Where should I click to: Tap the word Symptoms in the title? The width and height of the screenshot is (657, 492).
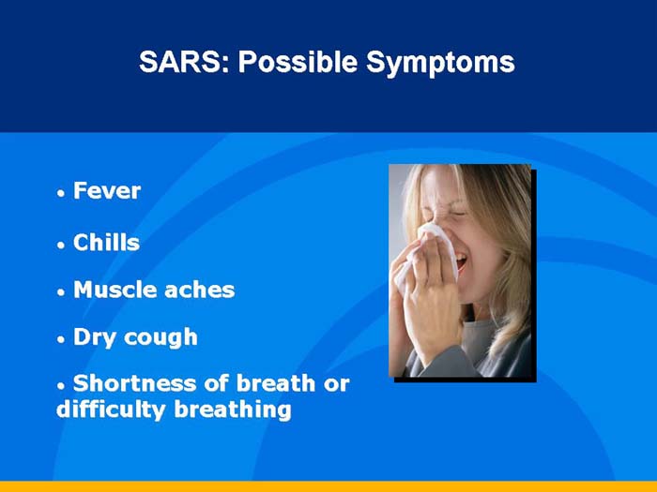click(440, 63)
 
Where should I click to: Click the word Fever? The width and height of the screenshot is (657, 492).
click(107, 191)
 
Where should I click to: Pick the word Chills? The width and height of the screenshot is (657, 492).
click(106, 244)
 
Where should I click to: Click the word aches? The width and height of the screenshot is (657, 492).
click(200, 291)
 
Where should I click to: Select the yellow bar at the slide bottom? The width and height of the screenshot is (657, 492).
click(328, 486)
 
